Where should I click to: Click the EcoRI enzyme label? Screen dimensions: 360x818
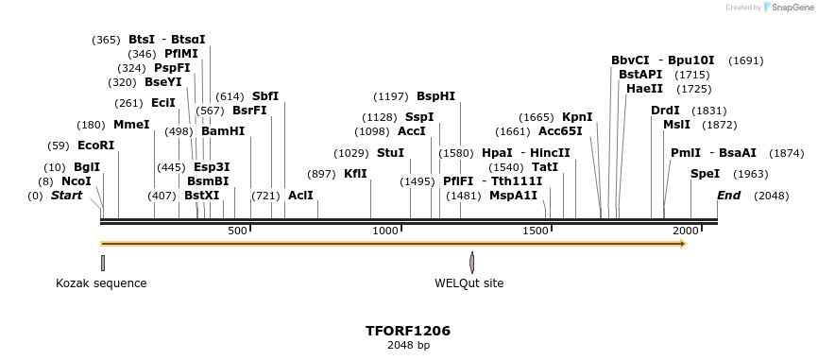(x=95, y=146)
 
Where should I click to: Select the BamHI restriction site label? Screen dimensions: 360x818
(x=223, y=131)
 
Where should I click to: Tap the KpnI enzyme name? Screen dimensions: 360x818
(x=577, y=117)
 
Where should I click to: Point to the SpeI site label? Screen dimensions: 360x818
(x=705, y=174)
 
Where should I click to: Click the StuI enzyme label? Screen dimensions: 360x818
(x=390, y=153)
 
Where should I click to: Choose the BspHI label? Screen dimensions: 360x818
(x=435, y=96)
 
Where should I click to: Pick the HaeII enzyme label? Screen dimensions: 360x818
(x=644, y=89)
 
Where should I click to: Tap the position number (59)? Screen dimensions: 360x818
(x=59, y=146)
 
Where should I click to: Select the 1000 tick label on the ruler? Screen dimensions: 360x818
(x=385, y=231)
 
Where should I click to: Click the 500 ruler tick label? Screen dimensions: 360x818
(x=237, y=231)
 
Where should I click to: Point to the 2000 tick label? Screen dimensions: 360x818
(x=683, y=231)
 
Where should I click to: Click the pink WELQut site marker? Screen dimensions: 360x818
(x=471, y=263)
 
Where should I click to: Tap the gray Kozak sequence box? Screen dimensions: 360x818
(x=103, y=263)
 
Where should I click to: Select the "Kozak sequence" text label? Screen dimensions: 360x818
(x=101, y=283)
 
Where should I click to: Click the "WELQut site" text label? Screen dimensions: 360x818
(x=469, y=283)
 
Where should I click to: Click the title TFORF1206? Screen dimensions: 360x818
(x=408, y=331)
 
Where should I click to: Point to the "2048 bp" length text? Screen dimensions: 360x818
(x=408, y=346)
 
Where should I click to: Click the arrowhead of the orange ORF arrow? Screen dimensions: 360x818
(x=681, y=245)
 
